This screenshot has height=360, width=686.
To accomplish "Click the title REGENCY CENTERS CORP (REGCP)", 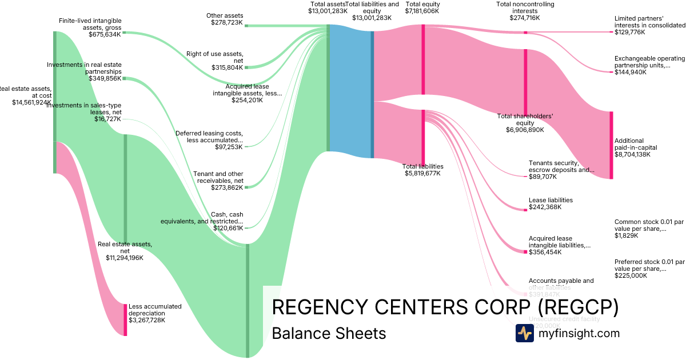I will click(445, 307).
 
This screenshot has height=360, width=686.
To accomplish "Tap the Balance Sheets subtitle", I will click(329, 333).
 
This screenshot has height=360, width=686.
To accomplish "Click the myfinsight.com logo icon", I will click(524, 333).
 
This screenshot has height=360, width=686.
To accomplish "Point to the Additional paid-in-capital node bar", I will click(611, 145).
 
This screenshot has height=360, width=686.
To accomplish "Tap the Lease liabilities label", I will click(551, 200).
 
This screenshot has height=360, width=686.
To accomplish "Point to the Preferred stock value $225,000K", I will click(631, 275).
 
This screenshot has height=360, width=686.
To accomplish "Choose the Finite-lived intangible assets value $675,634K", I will click(105, 34).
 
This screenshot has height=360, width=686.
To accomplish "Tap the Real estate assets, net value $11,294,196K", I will click(125, 257).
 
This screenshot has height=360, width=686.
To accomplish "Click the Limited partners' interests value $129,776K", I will click(629, 32).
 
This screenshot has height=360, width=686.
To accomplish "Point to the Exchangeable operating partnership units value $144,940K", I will click(631, 72).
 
